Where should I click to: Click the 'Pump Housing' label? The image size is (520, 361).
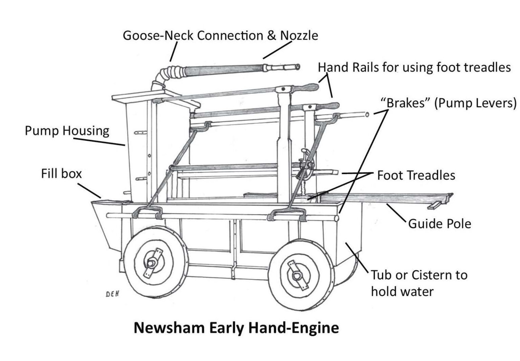pos(67,131)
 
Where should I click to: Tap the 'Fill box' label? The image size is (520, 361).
pos(61,174)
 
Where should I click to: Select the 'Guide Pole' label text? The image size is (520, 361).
pos(439,224)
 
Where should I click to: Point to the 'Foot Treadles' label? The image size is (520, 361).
pos(416,175)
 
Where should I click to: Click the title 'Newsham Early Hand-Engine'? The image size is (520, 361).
pos(236,328)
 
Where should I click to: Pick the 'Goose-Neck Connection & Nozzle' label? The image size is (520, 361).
pos(220,35)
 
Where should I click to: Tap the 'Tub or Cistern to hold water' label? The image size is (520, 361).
pos(419,283)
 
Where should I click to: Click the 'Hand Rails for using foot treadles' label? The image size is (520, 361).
pos(414,67)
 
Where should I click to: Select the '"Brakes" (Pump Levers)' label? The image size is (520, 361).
pos(449,103)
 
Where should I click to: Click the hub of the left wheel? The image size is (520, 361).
pos(151,263)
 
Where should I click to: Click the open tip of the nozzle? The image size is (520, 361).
pos(298,67)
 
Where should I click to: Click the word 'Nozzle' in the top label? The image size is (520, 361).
pos(299,35)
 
